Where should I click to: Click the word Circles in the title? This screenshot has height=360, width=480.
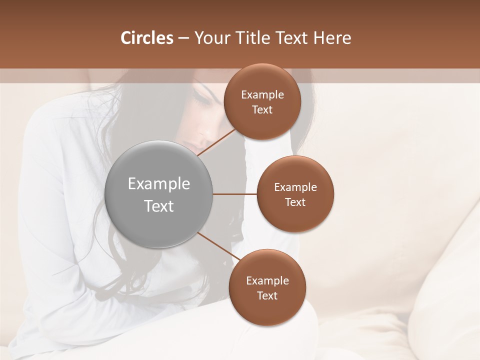[x=146, y=38]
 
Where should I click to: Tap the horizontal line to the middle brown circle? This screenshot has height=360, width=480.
[x=235, y=194]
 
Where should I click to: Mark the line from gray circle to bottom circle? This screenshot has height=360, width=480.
[x=218, y=246]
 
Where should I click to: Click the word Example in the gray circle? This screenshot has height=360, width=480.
[x=159, y=184]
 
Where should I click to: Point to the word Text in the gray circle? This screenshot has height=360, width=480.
[x=159, y=206]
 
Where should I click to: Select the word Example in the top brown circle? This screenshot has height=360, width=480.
[x=262, y=95]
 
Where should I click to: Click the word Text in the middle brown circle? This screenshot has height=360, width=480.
[x=295, y=202]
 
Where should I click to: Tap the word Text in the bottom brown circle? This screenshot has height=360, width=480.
[x=267, y=295]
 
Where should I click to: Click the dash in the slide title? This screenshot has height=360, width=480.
[x=183, y=38]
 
